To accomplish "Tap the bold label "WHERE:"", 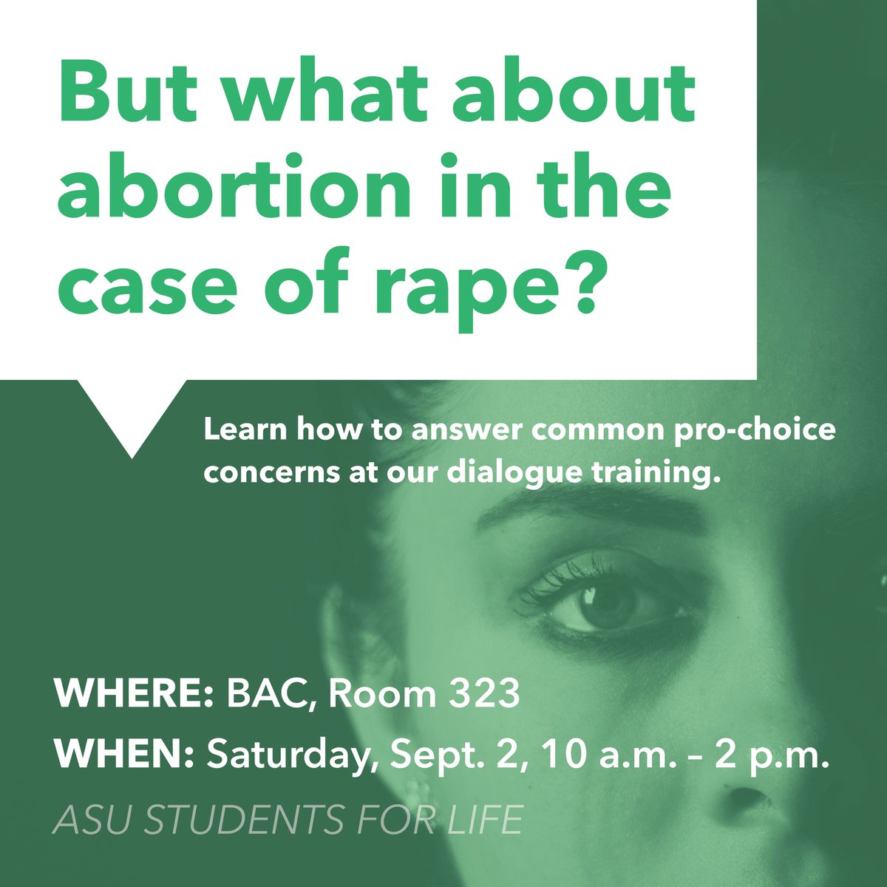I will pos(134,696).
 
